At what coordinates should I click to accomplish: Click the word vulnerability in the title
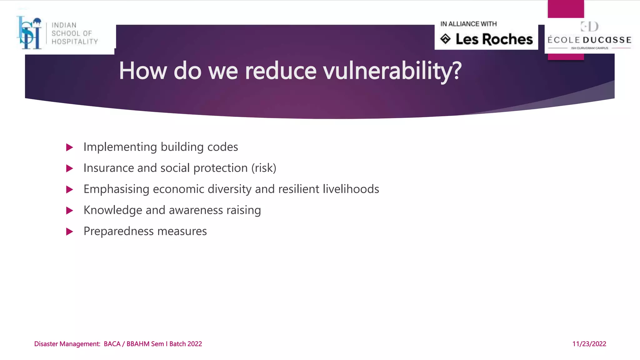[x=392, y=71]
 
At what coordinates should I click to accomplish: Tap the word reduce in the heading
[x=281, y=71]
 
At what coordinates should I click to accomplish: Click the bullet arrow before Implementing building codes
[x=70, y=147]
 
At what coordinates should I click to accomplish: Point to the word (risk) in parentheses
[x=264, y=168]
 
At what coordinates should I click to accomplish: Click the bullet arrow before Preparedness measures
[x=70, y=232]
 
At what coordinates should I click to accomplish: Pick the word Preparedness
[x=118, y=232]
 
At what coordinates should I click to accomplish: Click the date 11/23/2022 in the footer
[x=589, y=344]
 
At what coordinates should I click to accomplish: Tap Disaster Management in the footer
[x=67, y=344]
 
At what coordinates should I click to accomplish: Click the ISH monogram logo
[x=30, y=33]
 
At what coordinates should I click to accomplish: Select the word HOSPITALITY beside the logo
[x=75, y=42]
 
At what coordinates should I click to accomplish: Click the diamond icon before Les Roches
[x=445, y=39]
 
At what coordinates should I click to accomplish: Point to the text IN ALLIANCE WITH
[x=468, y=24]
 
